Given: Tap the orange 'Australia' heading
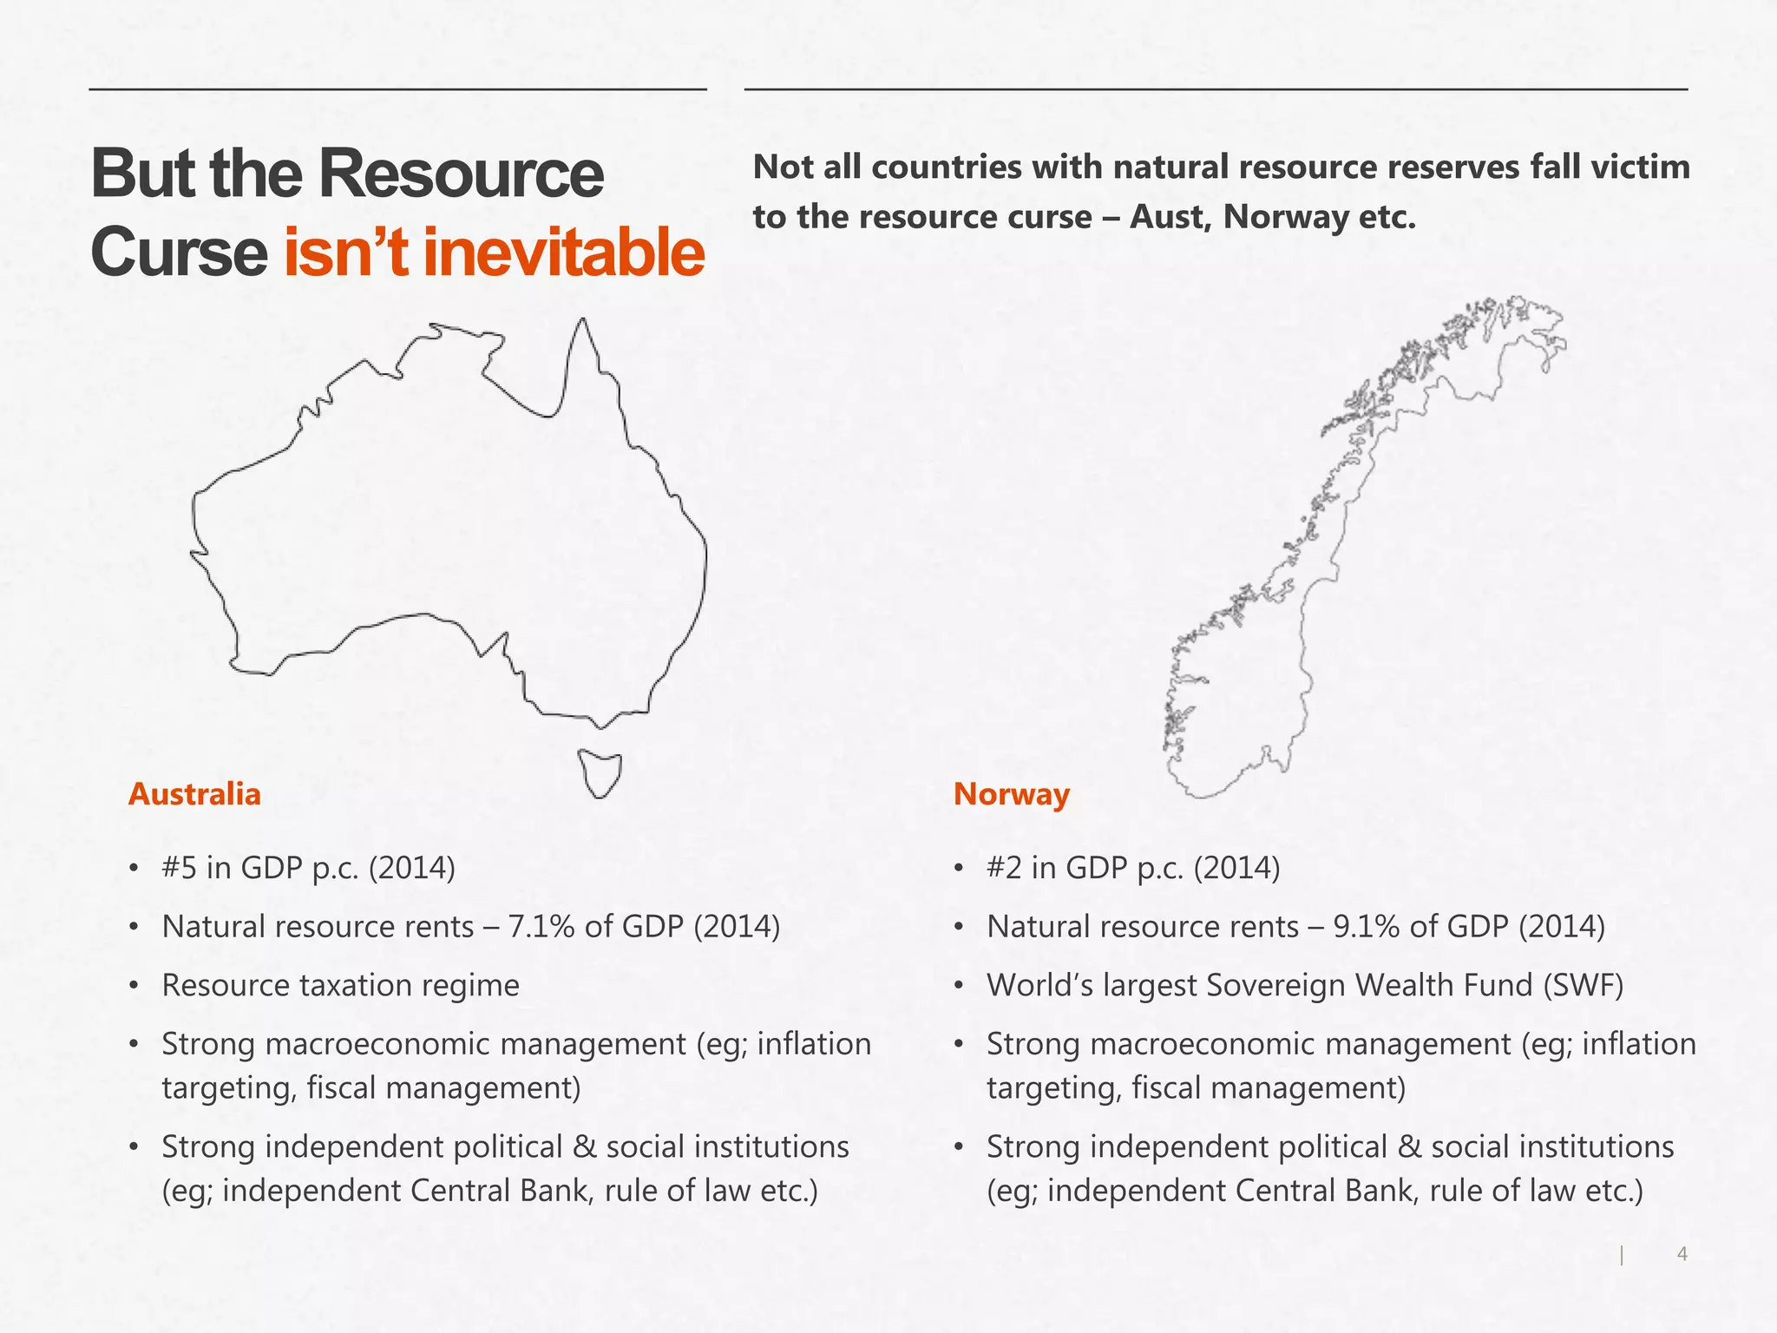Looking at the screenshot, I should tap(194, 794).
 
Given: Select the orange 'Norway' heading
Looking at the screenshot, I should tap(1011, 794).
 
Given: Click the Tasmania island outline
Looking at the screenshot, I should tap(600, 772).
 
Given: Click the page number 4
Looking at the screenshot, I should tap(1682, 1253).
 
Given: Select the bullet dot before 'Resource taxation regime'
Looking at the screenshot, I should tap(133, 987).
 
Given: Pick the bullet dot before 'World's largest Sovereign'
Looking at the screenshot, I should tap(958, 987).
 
